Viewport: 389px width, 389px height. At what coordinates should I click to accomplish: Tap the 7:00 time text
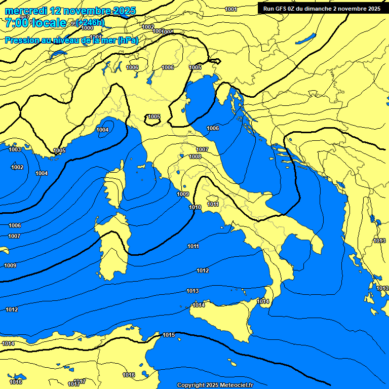[x=16, y=23]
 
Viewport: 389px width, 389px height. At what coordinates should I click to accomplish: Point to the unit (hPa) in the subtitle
[x=128, y=40]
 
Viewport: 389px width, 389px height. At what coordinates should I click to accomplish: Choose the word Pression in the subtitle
[x=21, y=40]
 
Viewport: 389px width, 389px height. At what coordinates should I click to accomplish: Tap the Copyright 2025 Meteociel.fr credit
[x=215, y=385]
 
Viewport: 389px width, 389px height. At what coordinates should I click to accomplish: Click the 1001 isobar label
[x=231, y=9]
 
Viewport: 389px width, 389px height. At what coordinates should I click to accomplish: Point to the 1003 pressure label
[x=15, y=149]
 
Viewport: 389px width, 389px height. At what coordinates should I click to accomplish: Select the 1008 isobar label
[x=195, y=157]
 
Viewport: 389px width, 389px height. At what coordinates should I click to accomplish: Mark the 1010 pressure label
[x=195, y=207]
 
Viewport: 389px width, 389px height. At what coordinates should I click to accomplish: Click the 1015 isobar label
[x=169, y=335]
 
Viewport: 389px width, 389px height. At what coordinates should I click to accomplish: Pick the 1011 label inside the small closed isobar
[x=213, y=204]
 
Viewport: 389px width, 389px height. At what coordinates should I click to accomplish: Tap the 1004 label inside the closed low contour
[x=102, y=130]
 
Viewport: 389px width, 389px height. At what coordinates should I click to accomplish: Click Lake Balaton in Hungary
[x=306, y=38]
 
